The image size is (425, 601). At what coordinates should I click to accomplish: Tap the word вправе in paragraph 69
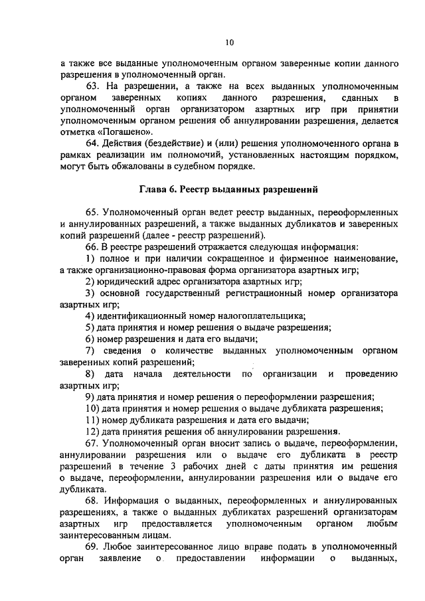248,545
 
